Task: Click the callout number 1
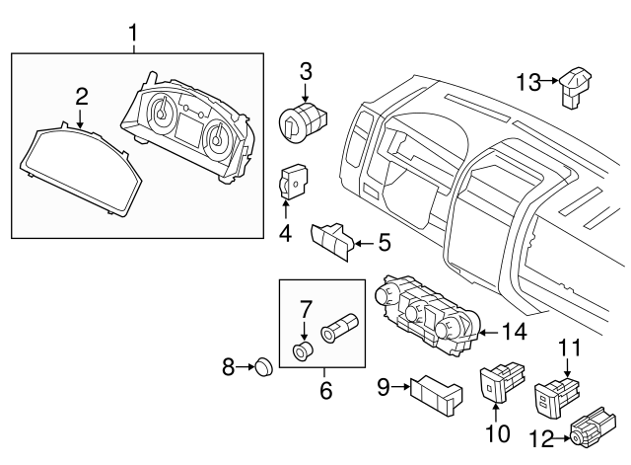click(135, 37)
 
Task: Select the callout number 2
click(82, 96)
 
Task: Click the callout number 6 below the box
click(324, 390)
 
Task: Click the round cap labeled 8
click(262, 368)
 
